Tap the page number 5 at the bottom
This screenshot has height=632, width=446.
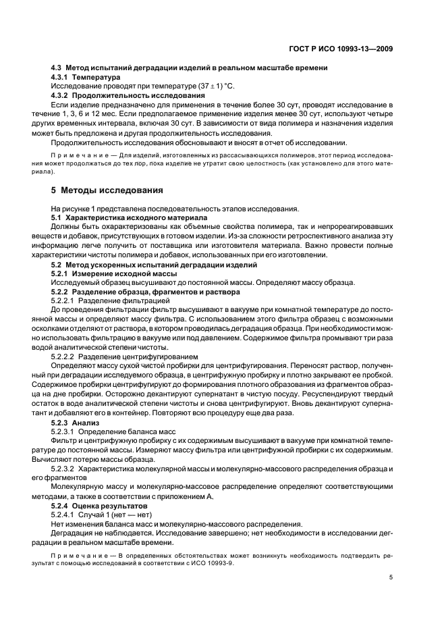coord(391,577)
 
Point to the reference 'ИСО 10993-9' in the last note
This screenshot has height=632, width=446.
coord(212,562)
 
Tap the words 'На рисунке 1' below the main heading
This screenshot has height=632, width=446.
coord(75,209)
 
